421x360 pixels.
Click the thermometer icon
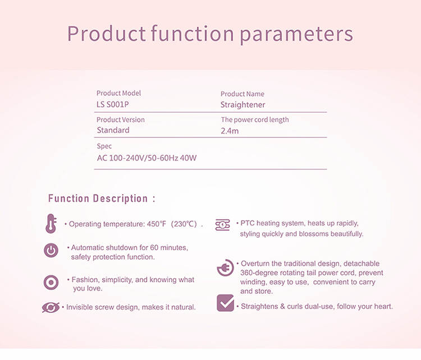click(x=51, y=223)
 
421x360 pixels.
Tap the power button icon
click(x=51, y=251)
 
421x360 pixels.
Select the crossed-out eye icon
click(x=51, y=307)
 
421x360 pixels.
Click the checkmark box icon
click(x=225, y=303)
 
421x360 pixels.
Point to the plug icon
click(x=225, y=267)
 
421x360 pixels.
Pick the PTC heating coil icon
click(x=223, y=225)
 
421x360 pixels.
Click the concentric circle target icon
click(x=51, y=283)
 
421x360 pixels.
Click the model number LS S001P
click(x=112, y=104)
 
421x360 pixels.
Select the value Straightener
click(x=242, y=105)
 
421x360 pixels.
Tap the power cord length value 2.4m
click(x=230, y=131)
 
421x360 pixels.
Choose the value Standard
click(x=113, y=130)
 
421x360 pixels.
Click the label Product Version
click(x=121, y=119)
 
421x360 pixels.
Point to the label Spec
click(x=104, y=146)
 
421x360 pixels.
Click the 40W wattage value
click(x=188, y=158)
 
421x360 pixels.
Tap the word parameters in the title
click(x=296, y=35)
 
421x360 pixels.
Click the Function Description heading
click(x=102, y=199)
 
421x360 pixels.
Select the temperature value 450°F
click(x=157, y=224)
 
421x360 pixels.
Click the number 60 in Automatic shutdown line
click(x=154, y=247)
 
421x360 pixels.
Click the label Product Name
click(x=242, y=94)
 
